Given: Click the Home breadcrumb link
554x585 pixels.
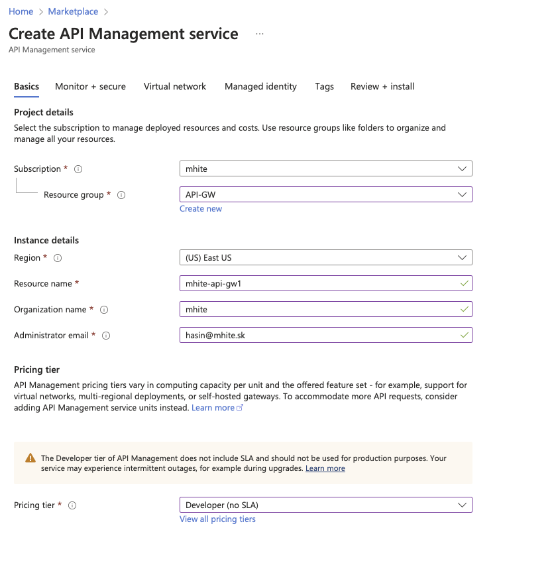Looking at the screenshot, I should [21, 11].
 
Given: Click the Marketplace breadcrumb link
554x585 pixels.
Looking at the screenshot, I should [73, 11].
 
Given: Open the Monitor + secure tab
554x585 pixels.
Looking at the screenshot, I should [90, 86].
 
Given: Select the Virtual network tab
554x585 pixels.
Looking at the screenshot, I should [175, 86].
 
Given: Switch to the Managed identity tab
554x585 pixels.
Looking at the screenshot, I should [260, 86].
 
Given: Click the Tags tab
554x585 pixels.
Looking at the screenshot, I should [325, 86].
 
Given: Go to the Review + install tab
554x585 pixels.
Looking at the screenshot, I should [382, 86].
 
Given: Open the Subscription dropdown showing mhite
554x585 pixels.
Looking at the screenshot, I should [325, 168].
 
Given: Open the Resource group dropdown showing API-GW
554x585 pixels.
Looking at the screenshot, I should [325, 194].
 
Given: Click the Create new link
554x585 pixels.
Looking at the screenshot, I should [201, 209].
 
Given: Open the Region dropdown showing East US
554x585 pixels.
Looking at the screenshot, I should [325, 257].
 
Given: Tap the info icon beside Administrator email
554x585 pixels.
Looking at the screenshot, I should [106, 336].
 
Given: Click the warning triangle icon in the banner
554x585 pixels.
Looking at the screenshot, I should [30, 458].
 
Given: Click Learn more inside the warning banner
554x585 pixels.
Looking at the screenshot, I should [325, 468].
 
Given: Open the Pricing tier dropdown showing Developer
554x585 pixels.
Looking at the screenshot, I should [325, 505].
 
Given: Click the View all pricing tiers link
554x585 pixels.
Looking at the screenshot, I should [217, 519].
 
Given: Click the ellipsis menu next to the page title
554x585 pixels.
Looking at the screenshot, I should [260, 34].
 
